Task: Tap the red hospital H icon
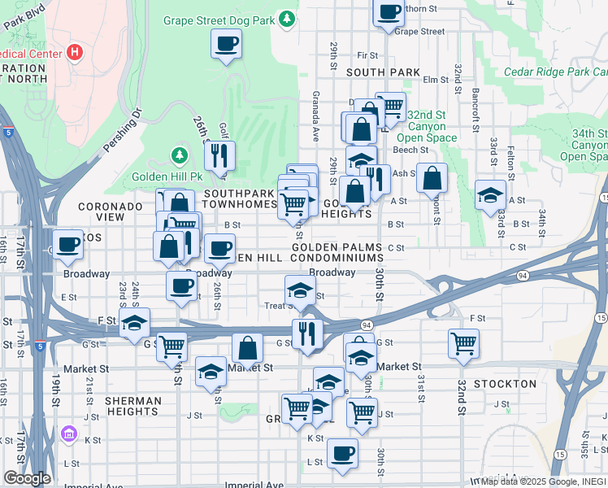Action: click(x=76, y=53)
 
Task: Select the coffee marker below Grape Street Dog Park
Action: click(x=226, y=44)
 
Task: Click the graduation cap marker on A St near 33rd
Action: click(x=490, y=195)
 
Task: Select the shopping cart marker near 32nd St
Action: click(x=463, y=342)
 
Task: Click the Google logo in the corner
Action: click(x=27, y=477)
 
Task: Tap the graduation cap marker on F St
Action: click(x=134, y=323)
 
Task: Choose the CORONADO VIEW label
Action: click(x=111, y=212)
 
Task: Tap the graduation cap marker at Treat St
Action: click(x=300, y=290)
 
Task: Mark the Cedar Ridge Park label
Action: click(x=555, y=72)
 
